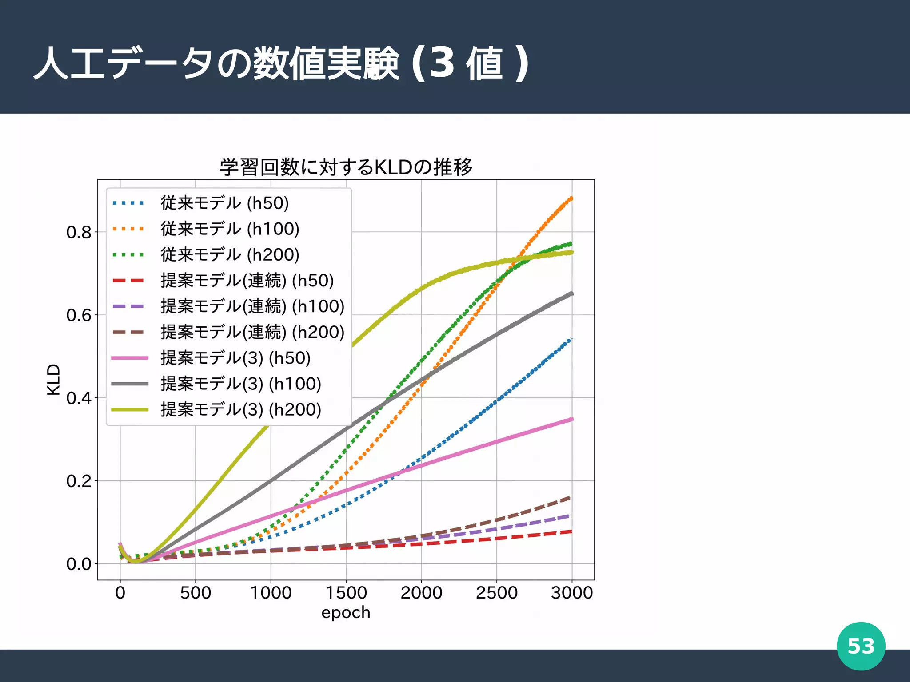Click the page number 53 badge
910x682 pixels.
[x=861, y=646]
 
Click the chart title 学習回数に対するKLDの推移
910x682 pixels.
[x=346, y=167]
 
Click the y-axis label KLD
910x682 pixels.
[x=53, y=379]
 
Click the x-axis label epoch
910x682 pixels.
[x=346, y=612]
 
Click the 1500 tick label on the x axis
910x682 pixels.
[x=346, y=593]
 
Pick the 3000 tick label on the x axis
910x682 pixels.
[x=572, y=593]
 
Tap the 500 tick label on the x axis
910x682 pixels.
[x=196, y=593]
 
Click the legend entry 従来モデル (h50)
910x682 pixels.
[x=224, y=203]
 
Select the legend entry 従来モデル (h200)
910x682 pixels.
[x=230, y=254]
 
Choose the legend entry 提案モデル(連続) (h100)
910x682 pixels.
[x=252, y=306]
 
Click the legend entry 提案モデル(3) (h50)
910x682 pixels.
[x=235, y=358]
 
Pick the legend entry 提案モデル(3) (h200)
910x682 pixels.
[x=241, y=409]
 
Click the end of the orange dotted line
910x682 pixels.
[x=571, y=198]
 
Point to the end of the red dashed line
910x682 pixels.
[x=571, y=531]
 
